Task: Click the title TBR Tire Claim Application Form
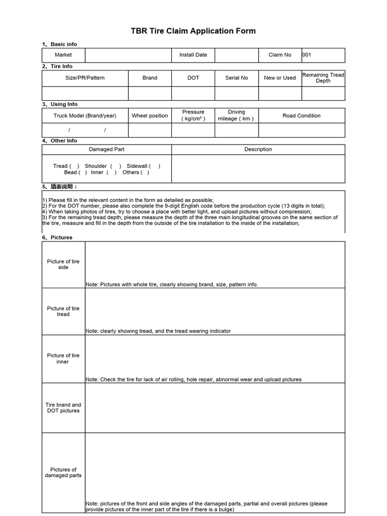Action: point(193,31)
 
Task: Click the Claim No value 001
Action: point(307,55)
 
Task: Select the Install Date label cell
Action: point(193,55)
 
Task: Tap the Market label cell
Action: point(63,55)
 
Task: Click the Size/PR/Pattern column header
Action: point(85,78)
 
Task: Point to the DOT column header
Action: point(193,78)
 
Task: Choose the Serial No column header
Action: point(236,78)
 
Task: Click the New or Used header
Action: point(280,78)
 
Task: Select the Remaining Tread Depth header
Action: point(323,78)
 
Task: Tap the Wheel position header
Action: point(150,116)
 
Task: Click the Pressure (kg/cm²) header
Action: point(193,115)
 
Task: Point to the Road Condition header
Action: point(301,116)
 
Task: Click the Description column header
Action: point(258,150)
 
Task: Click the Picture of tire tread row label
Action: point(63,311)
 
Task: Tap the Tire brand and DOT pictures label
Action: point(63,408)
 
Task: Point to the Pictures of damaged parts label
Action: point(63,472)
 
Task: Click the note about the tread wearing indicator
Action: point(158,331)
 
